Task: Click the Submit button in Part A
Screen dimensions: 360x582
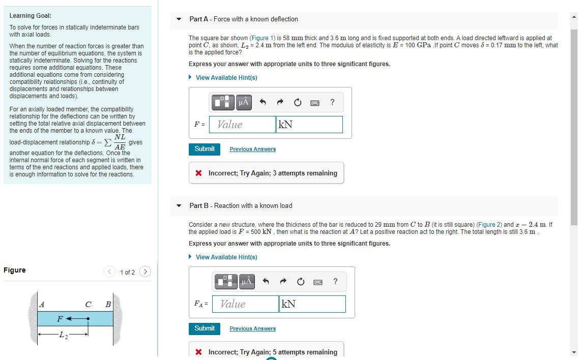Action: (x=205, y=149)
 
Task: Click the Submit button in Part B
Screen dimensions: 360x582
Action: (x=205, y=328)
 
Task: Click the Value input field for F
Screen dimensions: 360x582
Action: (x=242, y=125)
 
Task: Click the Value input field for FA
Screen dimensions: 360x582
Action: (x=245, y=304)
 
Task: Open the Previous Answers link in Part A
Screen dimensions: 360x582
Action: (x=252, y=149)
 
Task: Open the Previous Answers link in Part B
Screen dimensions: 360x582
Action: (x=252, y=329)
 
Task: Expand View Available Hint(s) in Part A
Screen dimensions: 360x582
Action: (x=226, y=78)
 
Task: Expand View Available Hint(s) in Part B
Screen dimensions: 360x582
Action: (x=226, y=257)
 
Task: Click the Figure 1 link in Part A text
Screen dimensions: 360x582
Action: (x=259, y=38)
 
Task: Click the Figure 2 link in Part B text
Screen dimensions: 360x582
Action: (x=488, y=225)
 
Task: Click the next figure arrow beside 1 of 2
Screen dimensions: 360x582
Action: (x=145, y=272)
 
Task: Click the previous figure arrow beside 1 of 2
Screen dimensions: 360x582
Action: (x=109, y=272)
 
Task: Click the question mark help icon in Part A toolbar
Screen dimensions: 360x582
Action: (x=332, y=102)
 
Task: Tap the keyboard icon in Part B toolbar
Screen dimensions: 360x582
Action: (x=318, y=282)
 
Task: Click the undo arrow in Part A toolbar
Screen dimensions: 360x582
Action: (x=263, y=102)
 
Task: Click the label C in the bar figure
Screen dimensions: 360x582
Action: (x=89, y=305)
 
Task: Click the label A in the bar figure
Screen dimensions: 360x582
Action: (x=42, y=305)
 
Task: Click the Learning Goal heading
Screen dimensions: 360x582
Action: (x=30, y=16)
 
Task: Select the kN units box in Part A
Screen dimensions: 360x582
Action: (x=309, y=125)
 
